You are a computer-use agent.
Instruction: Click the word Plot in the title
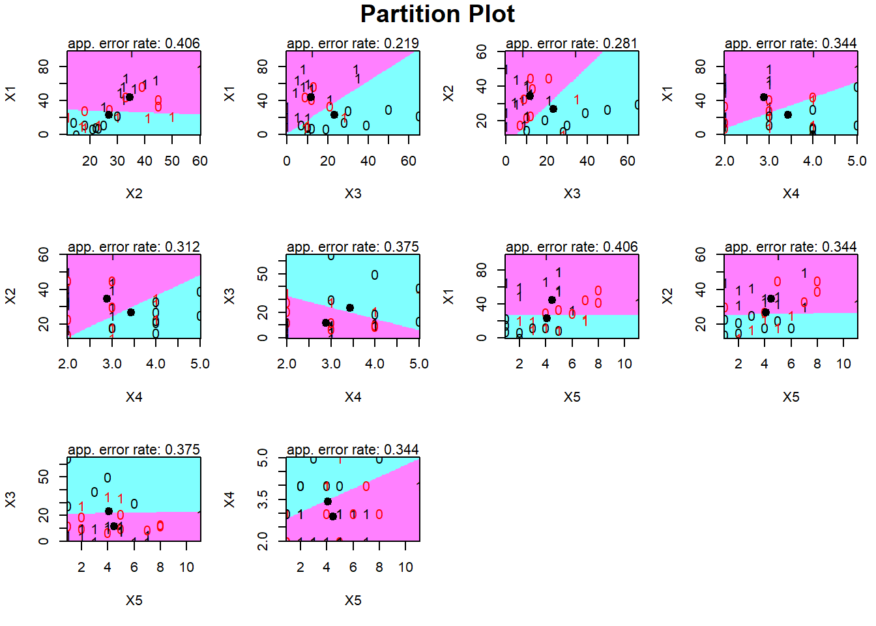pos(490,14)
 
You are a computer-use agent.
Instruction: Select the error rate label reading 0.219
pos(353,44)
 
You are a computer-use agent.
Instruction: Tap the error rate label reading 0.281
pos(572,44)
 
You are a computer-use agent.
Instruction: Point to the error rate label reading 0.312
pos(134,247)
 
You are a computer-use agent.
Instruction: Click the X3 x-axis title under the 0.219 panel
pos(353,194)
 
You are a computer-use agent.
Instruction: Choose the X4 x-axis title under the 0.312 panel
pos(134,397)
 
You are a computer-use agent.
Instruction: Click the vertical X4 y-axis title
pos(229,500)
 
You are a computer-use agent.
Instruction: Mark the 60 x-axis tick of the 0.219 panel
pos(409,161)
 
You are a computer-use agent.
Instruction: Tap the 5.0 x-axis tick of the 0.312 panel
pos(200,364)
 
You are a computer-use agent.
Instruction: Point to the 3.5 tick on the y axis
pos(263,499)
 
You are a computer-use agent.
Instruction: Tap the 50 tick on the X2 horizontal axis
pos(172,161)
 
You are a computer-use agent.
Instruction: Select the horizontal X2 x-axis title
pos(134,194)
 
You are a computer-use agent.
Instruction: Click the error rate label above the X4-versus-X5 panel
pos(353,450)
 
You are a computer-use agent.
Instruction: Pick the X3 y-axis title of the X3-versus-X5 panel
pos(10,500)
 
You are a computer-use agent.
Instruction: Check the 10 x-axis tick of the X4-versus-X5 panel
pos(405,567)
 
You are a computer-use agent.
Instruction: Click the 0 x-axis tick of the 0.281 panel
pos(506,161)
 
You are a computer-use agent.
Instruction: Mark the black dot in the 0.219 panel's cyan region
pos(334,115)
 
